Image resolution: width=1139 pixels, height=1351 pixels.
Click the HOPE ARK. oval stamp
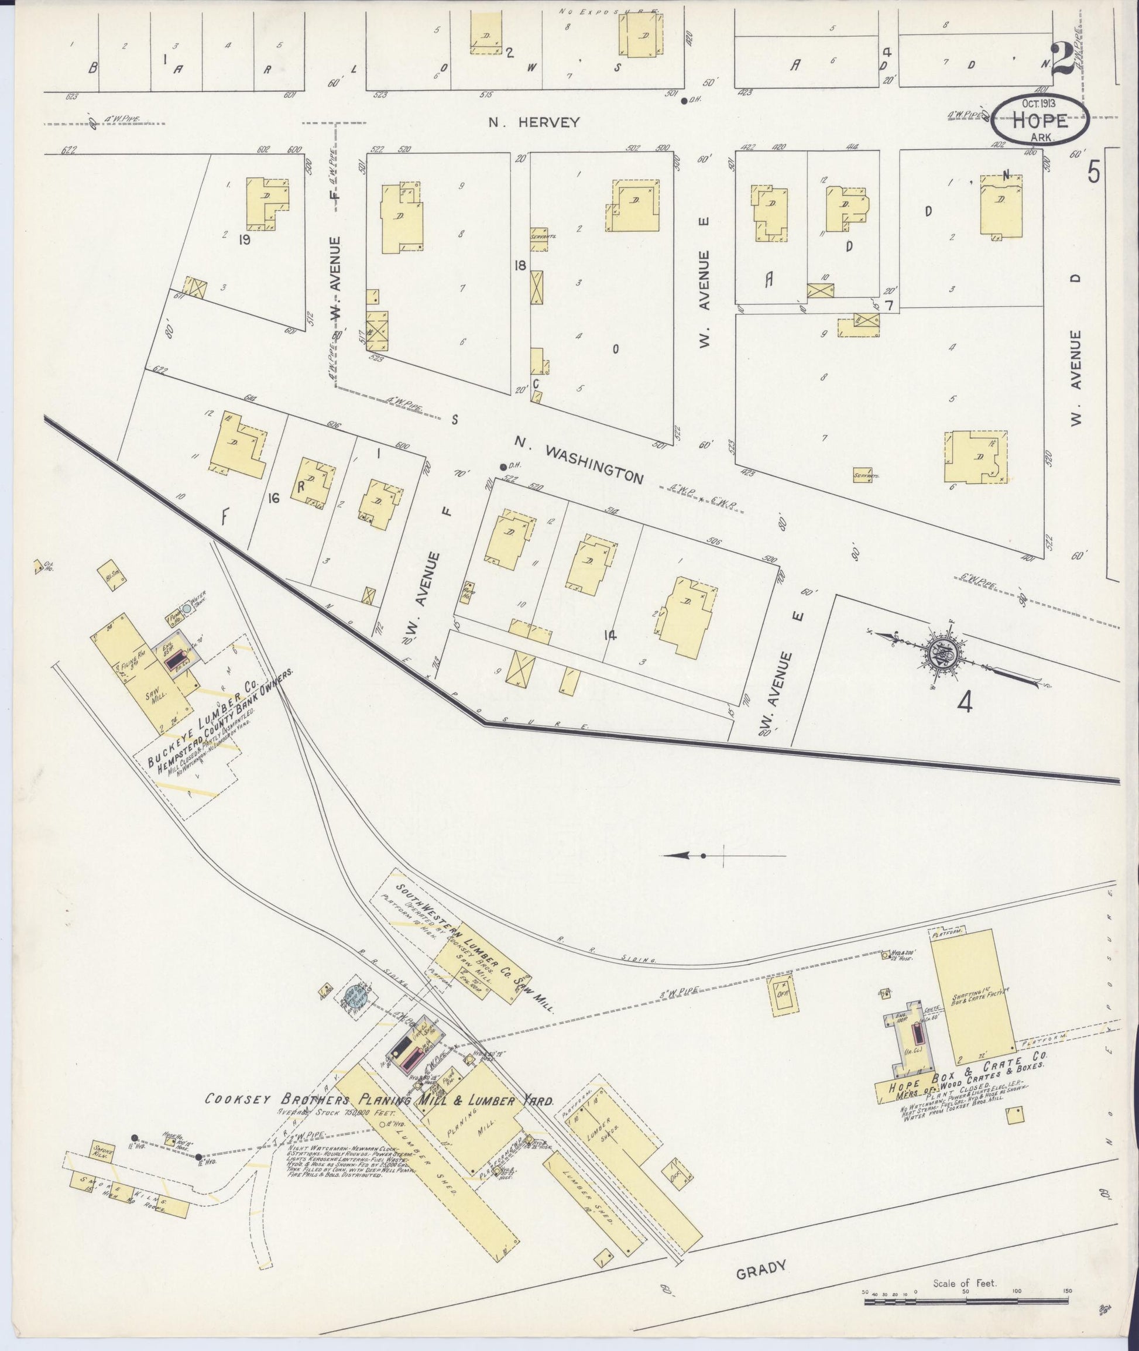(x=1040, y=118)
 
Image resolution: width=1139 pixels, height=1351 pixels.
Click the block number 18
(x=520, y=265)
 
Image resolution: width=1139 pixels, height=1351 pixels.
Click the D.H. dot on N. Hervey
(x=684, y=100)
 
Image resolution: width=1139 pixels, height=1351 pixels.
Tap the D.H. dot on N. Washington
(x=503, y=467)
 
